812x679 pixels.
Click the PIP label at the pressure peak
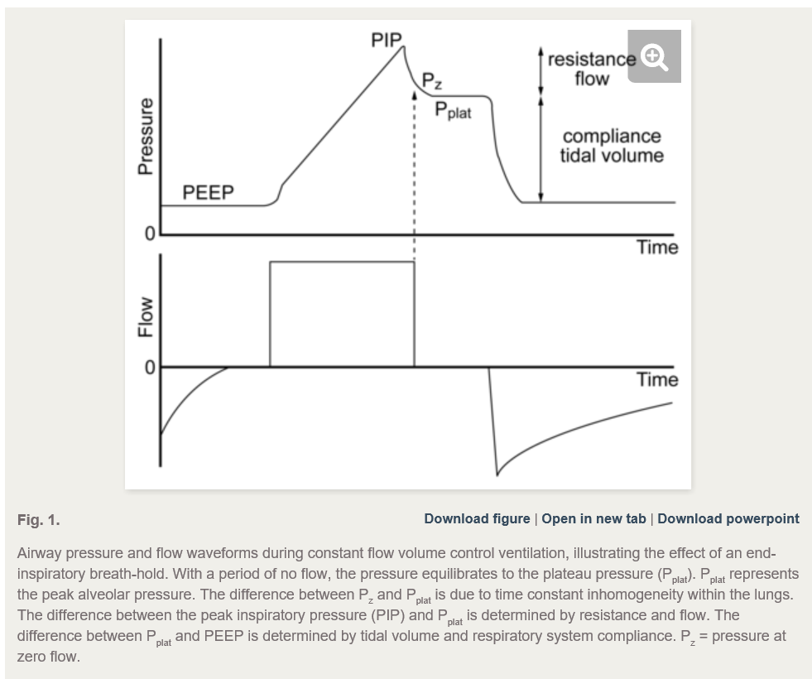click(386, 40)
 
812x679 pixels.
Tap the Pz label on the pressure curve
click(431, 80)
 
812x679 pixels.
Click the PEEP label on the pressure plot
click(208, 193)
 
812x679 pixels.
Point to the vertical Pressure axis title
click(146, 137)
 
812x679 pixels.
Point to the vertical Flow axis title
click(146, 317)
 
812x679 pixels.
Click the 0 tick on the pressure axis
click(150, 234)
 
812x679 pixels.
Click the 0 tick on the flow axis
click(150, 367)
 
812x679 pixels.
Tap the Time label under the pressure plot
click(656, 248)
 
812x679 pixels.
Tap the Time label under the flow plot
click(656, 380)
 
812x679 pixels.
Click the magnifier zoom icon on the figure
click(654, 56)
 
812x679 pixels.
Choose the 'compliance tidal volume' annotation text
click(612, 146)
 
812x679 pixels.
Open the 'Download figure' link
click(477, 519)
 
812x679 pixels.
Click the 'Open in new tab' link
click(593, 519)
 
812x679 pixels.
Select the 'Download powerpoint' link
click(728, 519)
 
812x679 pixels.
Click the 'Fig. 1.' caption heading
click(38, 520)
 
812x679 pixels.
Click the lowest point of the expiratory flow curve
click(497, 474)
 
